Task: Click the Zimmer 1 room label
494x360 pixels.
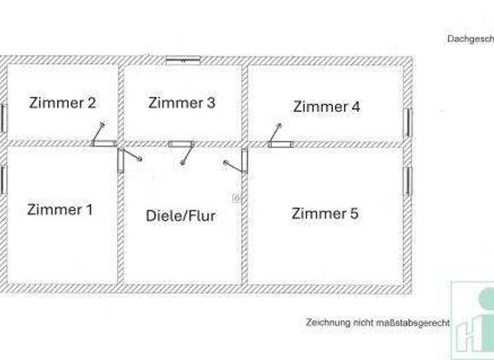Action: point(60,210)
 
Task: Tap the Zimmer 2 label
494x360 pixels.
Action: point(62,103)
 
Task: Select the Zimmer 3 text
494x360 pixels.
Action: point(181,103)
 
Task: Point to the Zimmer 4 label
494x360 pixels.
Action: point(326,107)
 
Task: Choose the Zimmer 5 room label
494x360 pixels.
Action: point(325,213)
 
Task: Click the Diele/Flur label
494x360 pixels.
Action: point(181,215)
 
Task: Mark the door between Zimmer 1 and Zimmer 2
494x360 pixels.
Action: point(103,143)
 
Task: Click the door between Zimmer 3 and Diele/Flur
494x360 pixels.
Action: point(181,145)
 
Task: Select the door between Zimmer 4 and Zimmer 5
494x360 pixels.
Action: point(280,144)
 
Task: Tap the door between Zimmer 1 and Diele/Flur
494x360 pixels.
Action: point(121,161)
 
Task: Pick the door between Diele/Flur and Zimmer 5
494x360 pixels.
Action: point(244,161)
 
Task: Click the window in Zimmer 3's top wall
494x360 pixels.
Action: point(183,60)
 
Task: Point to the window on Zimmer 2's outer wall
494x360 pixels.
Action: point(3,119)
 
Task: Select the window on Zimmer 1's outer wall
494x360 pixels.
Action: point(3,180)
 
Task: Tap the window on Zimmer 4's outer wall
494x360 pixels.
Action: point(408,123)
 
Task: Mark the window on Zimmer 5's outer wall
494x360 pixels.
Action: point(408,181)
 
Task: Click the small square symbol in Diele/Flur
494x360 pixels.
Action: point(237,199)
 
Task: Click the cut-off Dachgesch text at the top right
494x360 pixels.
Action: point(470,39)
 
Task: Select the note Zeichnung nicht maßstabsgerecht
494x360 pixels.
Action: point(378,322)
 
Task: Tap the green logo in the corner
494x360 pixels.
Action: point(473,320)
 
